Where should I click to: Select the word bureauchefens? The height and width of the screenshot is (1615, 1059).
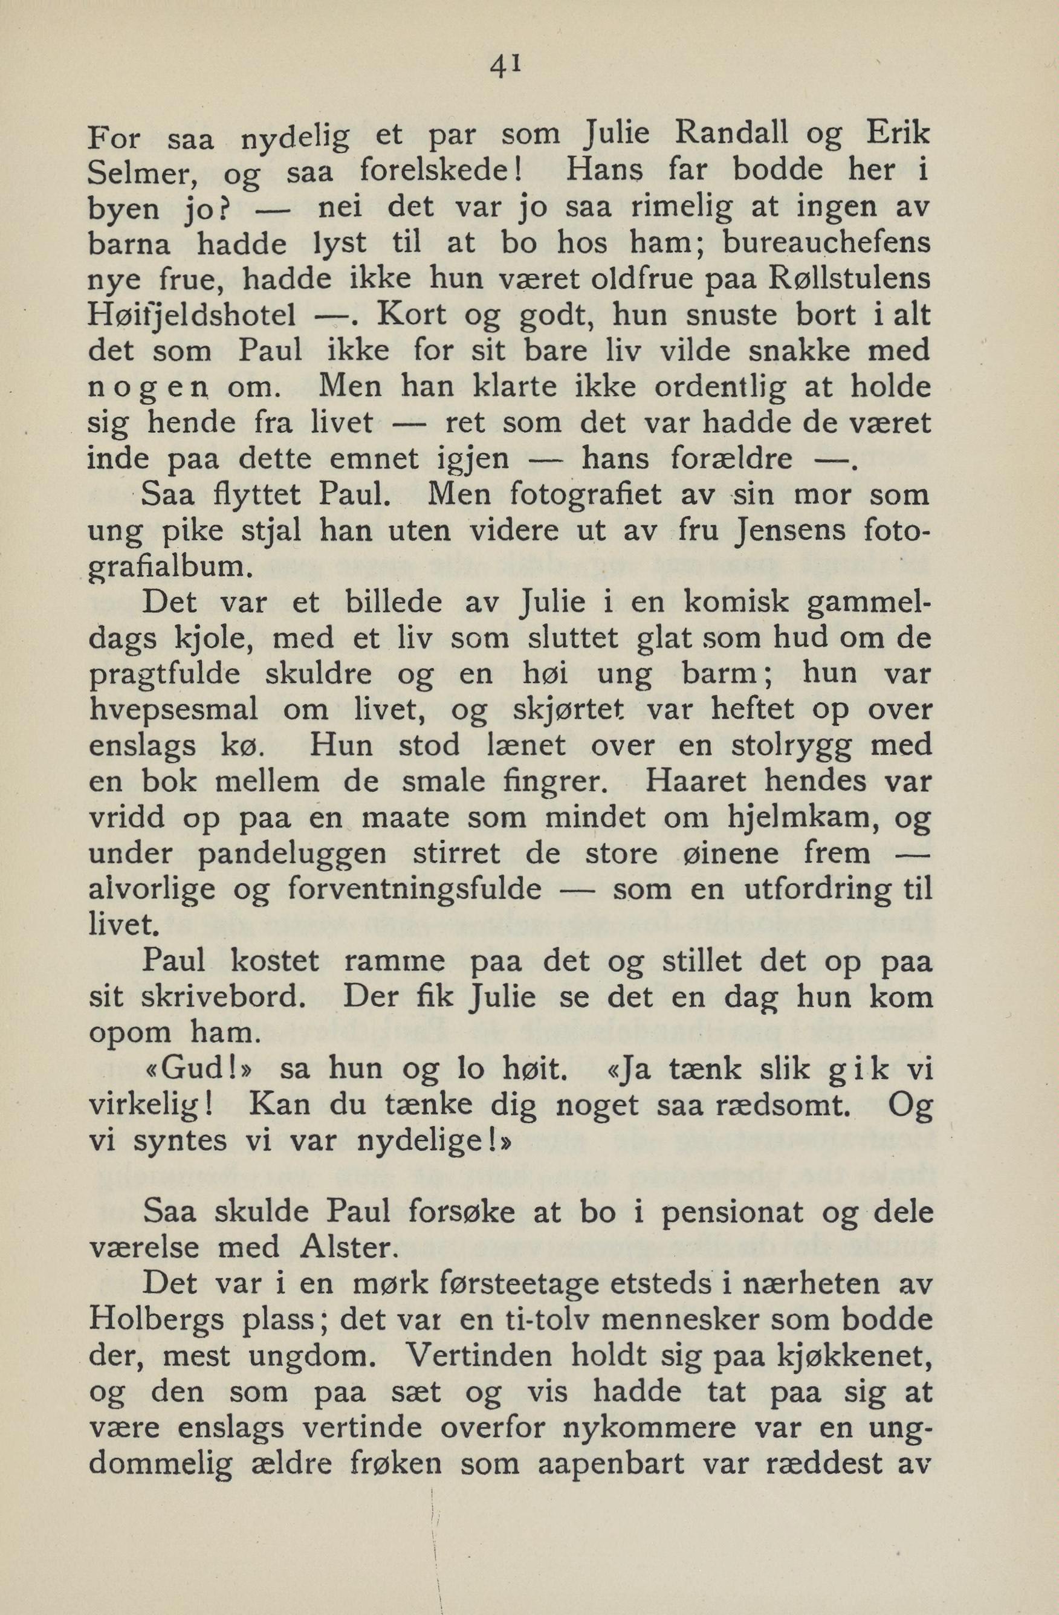click(826, 244)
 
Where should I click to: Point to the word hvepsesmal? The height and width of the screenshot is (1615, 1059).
click(173, 710)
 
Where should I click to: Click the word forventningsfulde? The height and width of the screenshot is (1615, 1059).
click(415, 889)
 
